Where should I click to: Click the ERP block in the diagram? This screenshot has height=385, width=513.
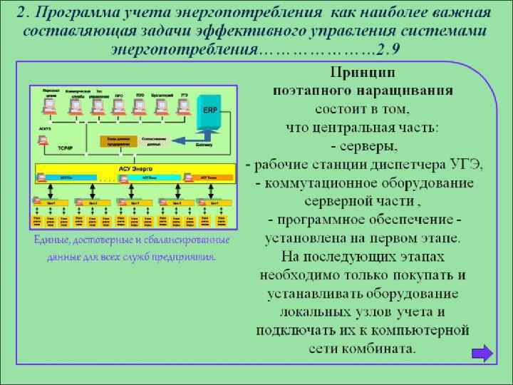tap(210, 111)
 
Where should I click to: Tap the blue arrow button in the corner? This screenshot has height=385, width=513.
tap(482, 353)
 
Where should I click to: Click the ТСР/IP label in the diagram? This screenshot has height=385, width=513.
tap(65, 146)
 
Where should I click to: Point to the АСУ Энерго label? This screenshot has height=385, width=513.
tap(135, 168)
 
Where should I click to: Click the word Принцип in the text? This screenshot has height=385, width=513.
tap(363, 73)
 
